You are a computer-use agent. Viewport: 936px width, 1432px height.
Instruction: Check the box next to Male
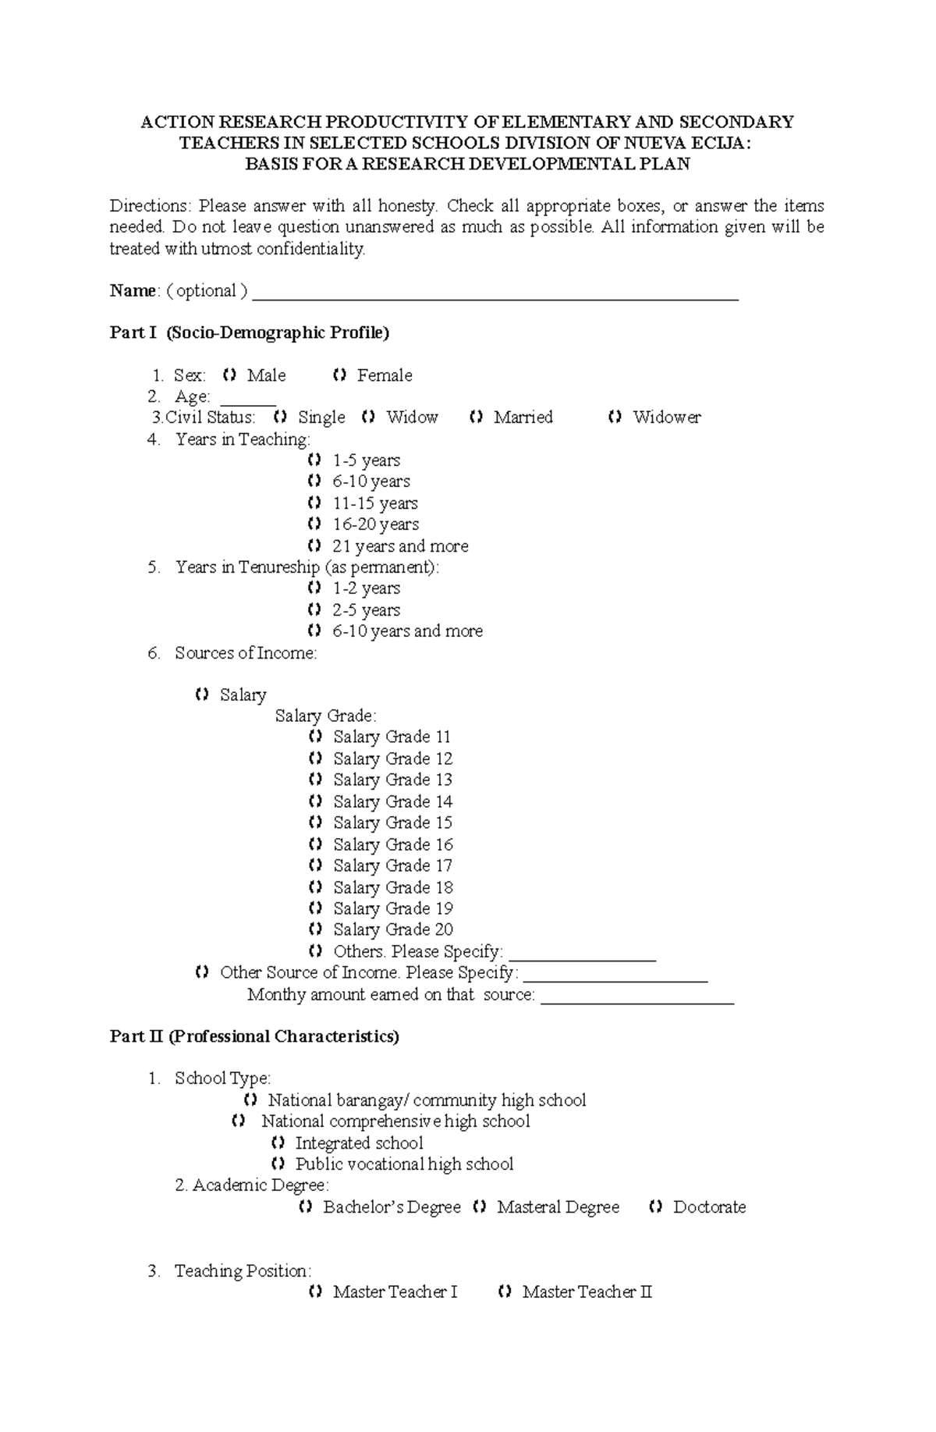[x=229, y=375]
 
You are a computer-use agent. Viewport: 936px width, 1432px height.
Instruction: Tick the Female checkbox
[x=339, y=375]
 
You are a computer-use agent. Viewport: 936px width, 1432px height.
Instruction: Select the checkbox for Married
[x=477, y=418]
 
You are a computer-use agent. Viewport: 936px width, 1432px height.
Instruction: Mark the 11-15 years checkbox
[x=314, y=503]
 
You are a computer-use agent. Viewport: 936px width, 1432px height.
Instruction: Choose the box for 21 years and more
[x=314, y=545]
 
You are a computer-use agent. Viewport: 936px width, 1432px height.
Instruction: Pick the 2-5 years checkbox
[x=314, y=609]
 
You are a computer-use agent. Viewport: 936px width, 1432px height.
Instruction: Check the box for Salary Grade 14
[x=315, y=801]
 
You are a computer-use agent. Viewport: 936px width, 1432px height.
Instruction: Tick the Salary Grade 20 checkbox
[x=315, y=929]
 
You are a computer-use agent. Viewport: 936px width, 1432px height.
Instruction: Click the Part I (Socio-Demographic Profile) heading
[x=250, y=333]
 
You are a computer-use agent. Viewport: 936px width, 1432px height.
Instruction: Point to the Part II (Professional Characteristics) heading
[x=254, y=1036]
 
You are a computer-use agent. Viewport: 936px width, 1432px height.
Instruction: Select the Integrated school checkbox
[x=278, y=1143]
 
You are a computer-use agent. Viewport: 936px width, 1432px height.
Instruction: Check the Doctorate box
[x=655, y=1207]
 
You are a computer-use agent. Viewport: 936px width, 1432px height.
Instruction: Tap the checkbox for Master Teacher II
[x=505, y=1292]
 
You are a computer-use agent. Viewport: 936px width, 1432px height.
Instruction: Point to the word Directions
[x=149, y=206]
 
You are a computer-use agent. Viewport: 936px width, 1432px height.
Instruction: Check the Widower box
[x=615, y=418]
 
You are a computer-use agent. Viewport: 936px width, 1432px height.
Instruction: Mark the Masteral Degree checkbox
[x=480, y=1207]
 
